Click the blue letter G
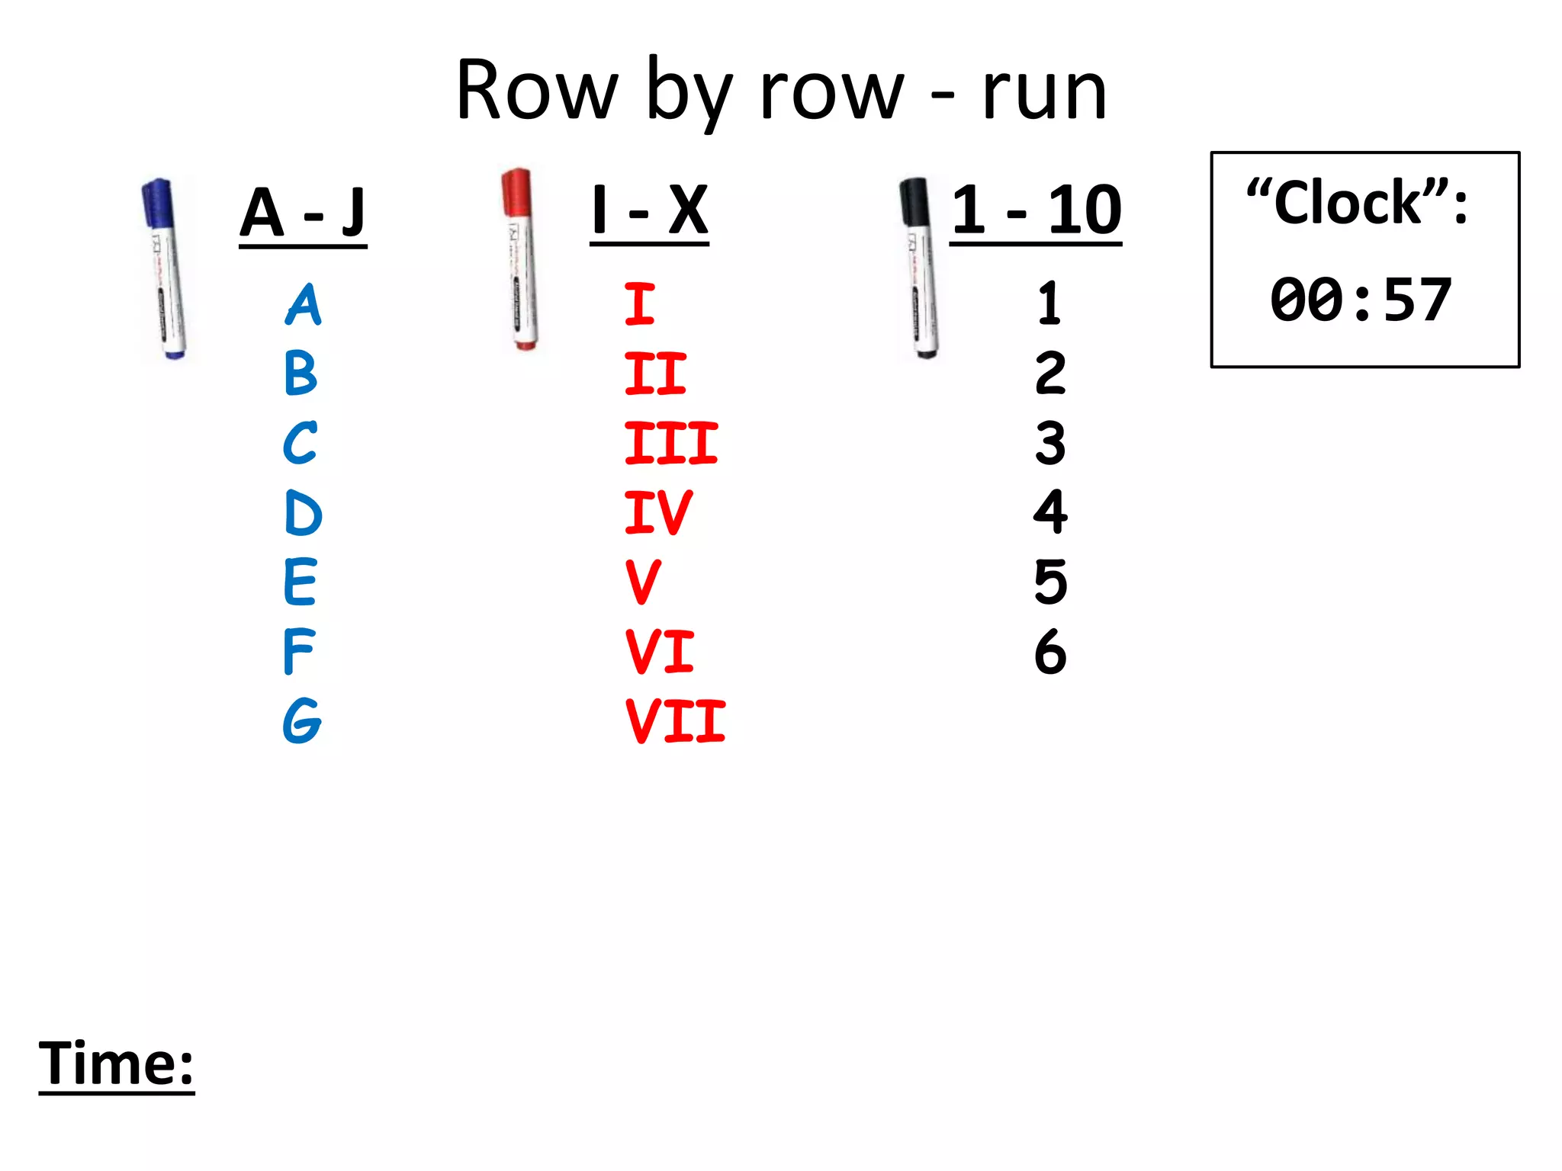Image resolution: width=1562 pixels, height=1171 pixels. pyautogui.click(x=302, y=720)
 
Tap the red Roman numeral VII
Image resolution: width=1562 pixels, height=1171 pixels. pyautogui.click(x=675, y=721)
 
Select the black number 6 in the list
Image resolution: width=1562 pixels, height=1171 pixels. pyautogui.click(x=1050, y=652)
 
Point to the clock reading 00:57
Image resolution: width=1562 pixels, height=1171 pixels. pyautogui.click(x=1361, y=300)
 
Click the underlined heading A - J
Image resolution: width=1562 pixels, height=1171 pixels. pyautogui.click(x=303, y=213)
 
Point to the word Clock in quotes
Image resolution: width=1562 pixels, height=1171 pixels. pyautogui.click(x=1348, y=204)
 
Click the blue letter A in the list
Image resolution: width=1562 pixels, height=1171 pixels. pyautogui.click(x=304, y=304)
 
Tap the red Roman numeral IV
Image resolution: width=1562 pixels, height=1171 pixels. pyautogui.click(x=657, y=512)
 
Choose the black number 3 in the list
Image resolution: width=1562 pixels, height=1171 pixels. pyautogui.click(x=1050, y=443)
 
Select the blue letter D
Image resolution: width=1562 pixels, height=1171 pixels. pyautogui.click(x=303, y=513)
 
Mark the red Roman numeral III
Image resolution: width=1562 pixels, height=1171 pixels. pyautogui.click(x=671, y=443)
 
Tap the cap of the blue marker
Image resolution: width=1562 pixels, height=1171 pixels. pyautogui.click(x=158, y=203)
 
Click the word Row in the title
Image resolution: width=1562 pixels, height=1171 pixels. pyautogui.click(x=536, y=91)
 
